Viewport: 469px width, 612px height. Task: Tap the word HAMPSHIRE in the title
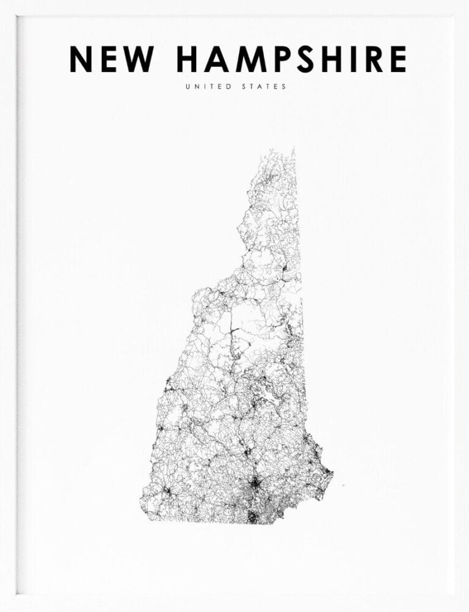click(x=291, y=59)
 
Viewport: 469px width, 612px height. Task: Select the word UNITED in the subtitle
click(x=208, y=87)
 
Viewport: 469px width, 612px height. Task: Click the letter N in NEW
click(x=81, y=59)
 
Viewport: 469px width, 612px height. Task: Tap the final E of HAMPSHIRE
click(x=398, y=59)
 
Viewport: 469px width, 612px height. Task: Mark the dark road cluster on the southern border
click(x=252, y=517)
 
